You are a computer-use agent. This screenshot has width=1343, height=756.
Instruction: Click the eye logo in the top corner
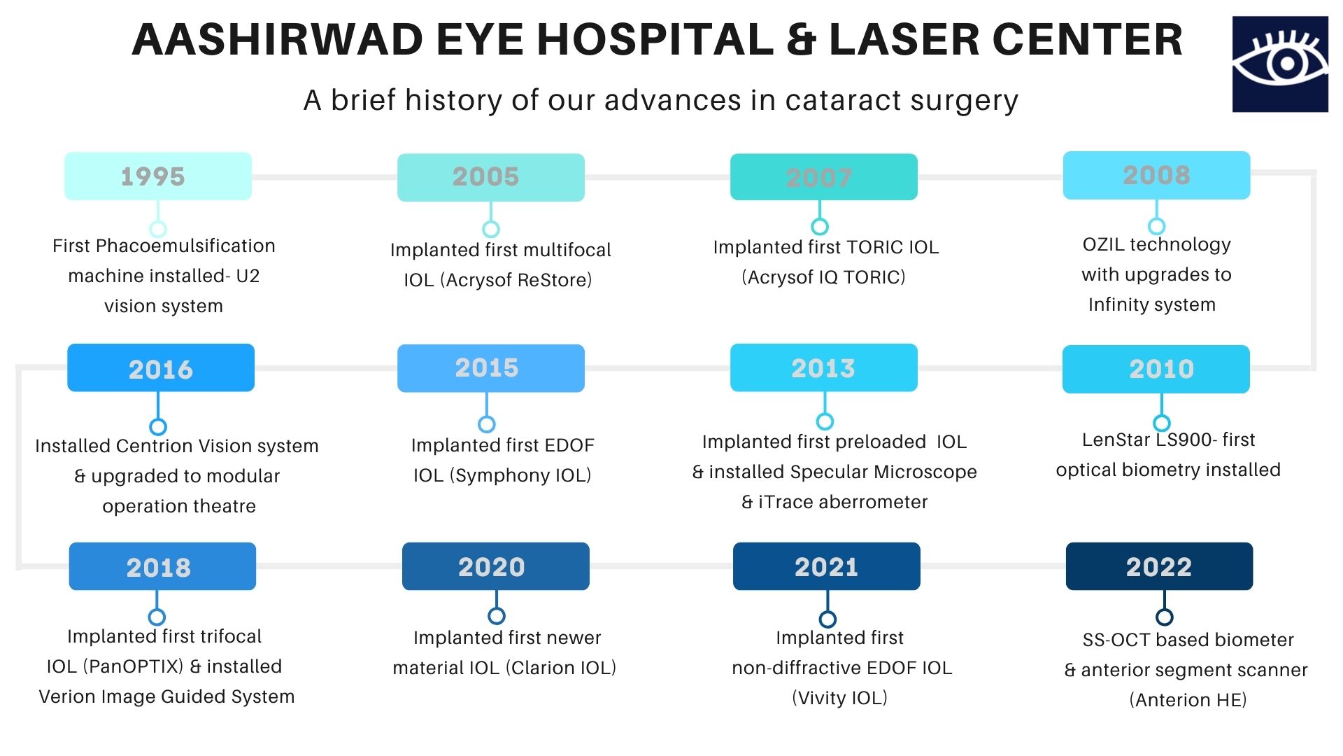pos(1280,64)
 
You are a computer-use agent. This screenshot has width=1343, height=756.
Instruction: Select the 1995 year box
pos(158,176)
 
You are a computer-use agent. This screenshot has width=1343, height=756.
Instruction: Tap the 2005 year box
pos(491,177)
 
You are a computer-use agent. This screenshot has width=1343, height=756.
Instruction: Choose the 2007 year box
pos(824,177)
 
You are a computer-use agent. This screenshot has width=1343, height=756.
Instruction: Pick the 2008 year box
pos(1157,175)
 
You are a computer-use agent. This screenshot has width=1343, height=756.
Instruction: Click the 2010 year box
pos(1156,369)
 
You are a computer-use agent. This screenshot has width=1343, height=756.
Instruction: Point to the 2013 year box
pos(824,367)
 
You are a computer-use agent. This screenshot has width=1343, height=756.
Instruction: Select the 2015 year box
pos(491,368)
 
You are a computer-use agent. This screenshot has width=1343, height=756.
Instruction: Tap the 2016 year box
pos(161,367)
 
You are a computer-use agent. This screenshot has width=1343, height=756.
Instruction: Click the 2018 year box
pos(162,566)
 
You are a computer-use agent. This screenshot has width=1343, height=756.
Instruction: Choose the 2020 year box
pos(496,566)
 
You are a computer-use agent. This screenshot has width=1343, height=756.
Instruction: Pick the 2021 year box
pos(827,566)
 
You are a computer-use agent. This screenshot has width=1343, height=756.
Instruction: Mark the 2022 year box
pos(1160,566)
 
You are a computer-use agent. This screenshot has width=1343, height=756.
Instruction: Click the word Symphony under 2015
pos(499,476)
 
